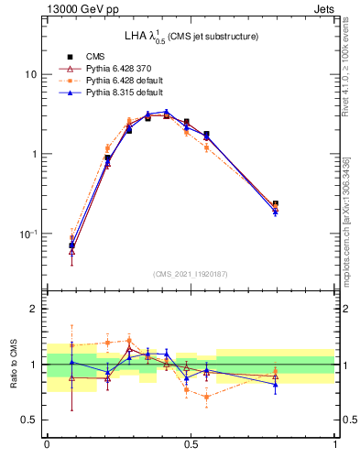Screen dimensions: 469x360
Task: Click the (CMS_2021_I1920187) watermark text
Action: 191,274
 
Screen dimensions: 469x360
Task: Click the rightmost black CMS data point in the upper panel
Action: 276,204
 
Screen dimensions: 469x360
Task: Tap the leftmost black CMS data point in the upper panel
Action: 72,245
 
